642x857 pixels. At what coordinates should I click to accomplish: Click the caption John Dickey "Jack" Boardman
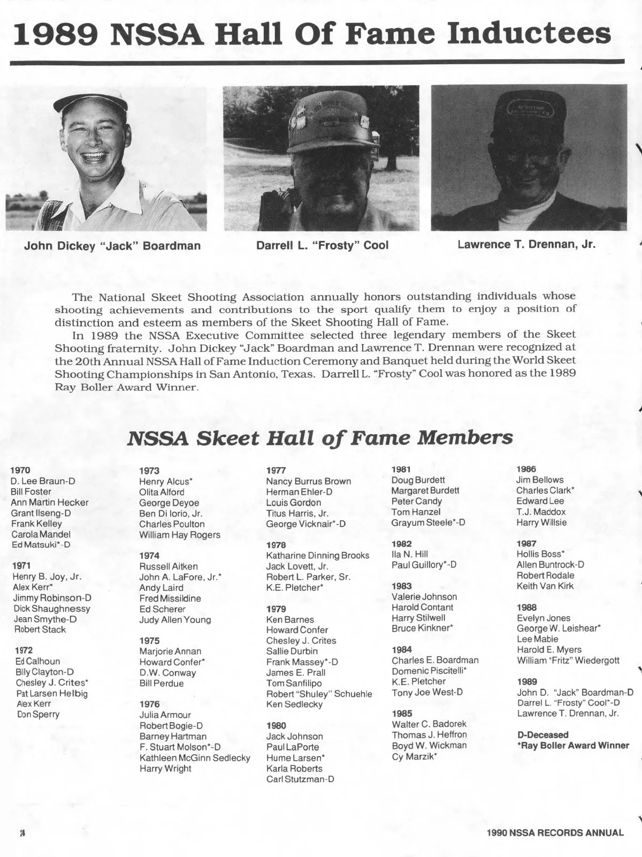(112, 246)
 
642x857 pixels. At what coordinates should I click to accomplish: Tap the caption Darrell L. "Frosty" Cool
(322, 246)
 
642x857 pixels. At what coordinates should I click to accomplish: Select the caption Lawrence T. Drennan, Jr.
(526, 245)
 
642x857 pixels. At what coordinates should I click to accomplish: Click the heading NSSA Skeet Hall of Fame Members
(320, 438)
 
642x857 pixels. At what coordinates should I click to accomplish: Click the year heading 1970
(20, 470)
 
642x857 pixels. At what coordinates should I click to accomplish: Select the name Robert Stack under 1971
(40, 630)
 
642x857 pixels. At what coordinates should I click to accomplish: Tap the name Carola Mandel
(41, 534)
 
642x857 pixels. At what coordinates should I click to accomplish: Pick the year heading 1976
(149, 704)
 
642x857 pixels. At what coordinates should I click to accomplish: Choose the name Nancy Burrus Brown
(309, 481)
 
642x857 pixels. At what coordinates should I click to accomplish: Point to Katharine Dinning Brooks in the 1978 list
(318, 556)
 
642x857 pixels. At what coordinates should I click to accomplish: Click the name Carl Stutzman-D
(300, 779)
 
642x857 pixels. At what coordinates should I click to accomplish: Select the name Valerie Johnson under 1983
(424, 597)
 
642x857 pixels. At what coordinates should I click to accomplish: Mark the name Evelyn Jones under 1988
(544, 618)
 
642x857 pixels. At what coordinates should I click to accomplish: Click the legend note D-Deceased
(543, 735)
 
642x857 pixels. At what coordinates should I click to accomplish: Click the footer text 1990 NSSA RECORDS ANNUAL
(555, 832)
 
